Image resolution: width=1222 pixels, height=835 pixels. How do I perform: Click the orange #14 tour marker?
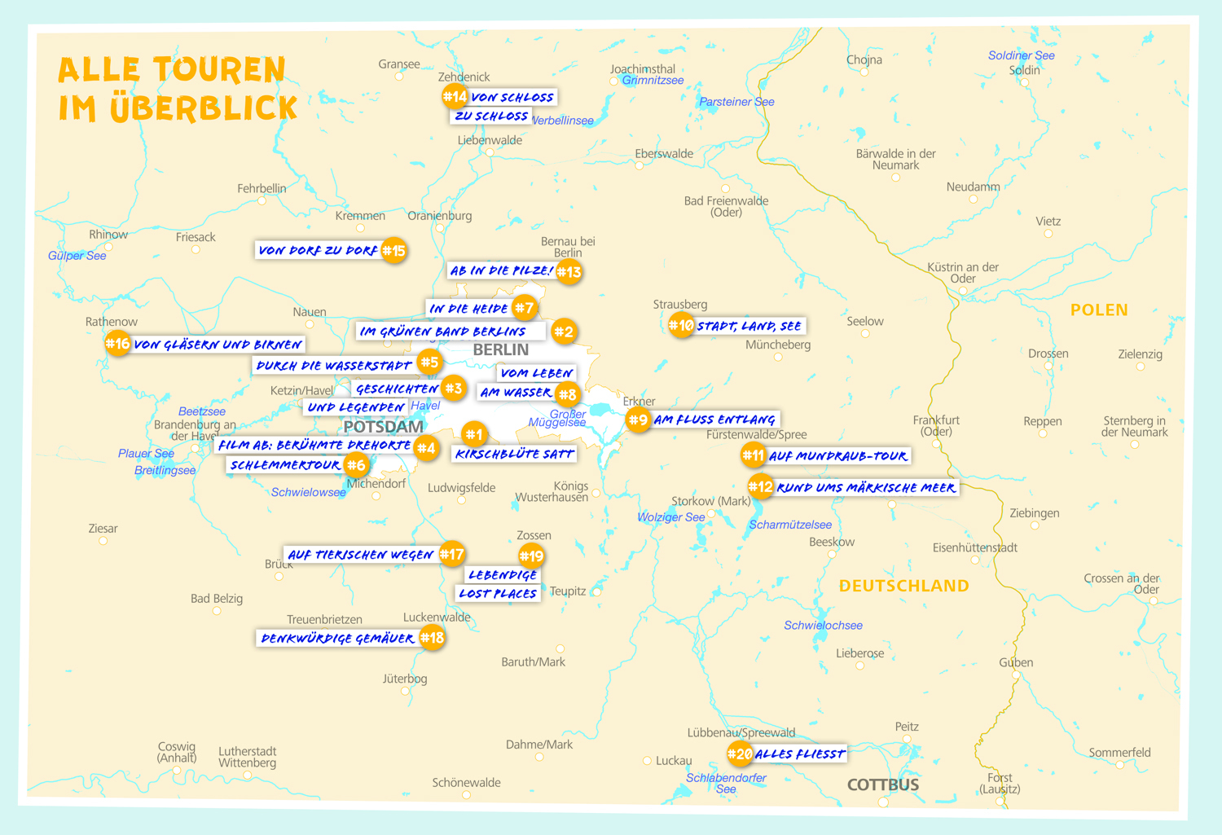pyautogui.click(x=454, y=97)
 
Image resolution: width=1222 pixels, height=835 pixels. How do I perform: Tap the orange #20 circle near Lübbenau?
pyautogui.click(x=740, y=754)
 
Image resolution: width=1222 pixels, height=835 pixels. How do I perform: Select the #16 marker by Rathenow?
pyautogui.click(x=117, y=344)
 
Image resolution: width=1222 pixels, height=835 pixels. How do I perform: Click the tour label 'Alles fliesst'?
pyautogui.click(x=799, y=754)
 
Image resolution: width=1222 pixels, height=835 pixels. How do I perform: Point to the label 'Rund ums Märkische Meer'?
pyautogui.click(x=865, y=488)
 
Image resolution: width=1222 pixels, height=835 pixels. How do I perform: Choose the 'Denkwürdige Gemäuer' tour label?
pyautogui.click(x=337, y=639)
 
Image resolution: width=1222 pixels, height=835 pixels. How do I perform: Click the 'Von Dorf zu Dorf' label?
pyautogui.click(x=318, y=251)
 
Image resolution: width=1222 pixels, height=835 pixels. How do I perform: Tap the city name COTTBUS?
pyautogui.click(x=883, y=784)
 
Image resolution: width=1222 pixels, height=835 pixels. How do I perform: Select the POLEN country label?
pyautogui.click(x=1099, y=310)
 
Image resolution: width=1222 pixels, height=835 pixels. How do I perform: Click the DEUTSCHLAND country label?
pyautogui.click(x=903, y=586)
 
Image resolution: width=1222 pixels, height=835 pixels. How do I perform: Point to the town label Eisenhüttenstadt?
pyautogui.click(x=974, y=547)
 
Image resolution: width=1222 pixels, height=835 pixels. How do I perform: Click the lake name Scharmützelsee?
pyautogui.click(x=790, y=525)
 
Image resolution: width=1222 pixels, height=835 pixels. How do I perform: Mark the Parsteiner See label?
pyautogui.click(x=736, y=102)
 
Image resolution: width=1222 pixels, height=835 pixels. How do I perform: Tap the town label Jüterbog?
pyautogui.click(x=405, y=679)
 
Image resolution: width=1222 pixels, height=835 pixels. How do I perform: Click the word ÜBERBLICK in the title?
pyautogui.click(x=204, y=108)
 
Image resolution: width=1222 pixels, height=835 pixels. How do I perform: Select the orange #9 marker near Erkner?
pyautogui.click(x=638, y=420)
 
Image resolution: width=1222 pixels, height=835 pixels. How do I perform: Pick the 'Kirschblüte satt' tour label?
pyautogui.click(x=514, y=454)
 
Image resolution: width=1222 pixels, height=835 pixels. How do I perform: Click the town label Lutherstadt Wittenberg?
pyautogui.click(x=247, y=757)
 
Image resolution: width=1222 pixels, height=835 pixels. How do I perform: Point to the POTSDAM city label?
pyautogui.click(x=383, y=427)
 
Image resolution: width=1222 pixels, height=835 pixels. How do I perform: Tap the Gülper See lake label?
pyautogui.click(x=77, y=256)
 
